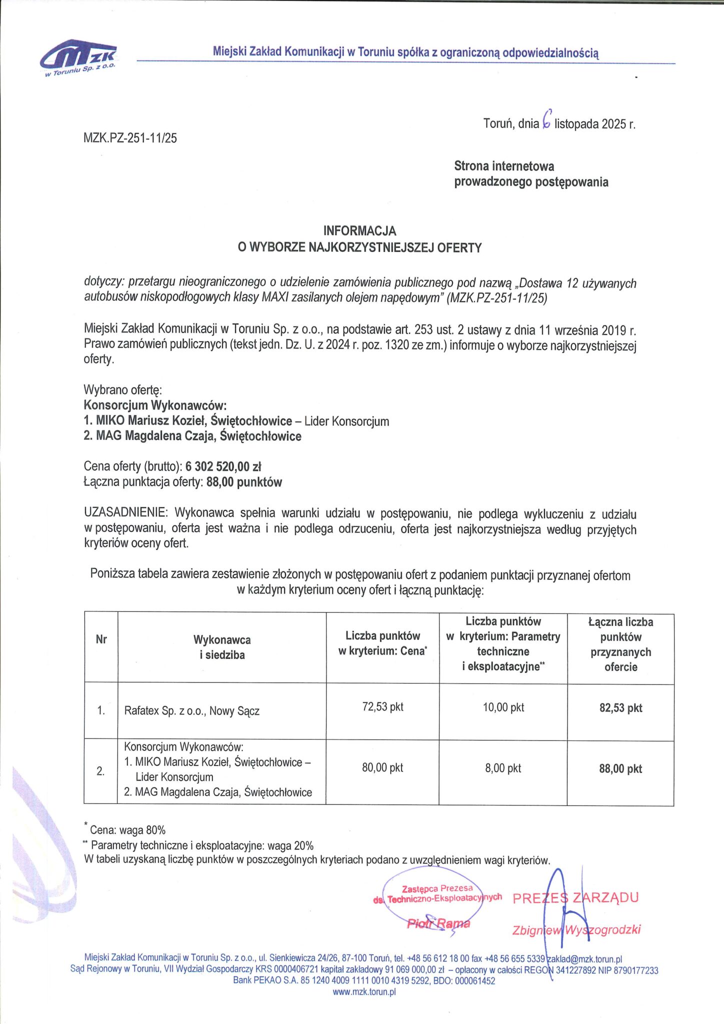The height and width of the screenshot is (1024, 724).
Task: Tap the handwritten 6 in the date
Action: (546, 119)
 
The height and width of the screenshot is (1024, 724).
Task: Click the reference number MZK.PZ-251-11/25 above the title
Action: (130, 138)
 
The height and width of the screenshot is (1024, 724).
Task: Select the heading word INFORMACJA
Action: (359, 231)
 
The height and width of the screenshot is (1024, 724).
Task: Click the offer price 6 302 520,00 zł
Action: (223, 466)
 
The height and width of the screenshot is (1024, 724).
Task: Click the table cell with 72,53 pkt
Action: (382, 707)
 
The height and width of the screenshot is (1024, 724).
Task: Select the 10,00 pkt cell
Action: (503, 707)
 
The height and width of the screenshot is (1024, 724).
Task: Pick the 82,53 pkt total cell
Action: (620, 708)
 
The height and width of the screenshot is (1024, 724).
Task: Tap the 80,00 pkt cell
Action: (382, 768)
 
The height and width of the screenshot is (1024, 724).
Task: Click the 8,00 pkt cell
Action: (503, 768)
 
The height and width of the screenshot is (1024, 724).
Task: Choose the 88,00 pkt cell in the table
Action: (620, 769)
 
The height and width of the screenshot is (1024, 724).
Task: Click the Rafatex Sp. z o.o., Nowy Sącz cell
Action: (192, 711)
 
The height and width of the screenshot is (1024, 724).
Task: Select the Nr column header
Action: (101, 639)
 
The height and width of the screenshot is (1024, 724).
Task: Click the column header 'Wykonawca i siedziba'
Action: (222, 647)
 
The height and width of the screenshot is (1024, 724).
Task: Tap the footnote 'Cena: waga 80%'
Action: (127, 830)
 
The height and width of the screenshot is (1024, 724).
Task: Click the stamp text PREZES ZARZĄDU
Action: (575, 897)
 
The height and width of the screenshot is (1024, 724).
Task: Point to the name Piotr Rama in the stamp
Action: (438, 923)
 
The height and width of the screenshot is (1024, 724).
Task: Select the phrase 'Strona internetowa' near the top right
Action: (504, 166)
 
